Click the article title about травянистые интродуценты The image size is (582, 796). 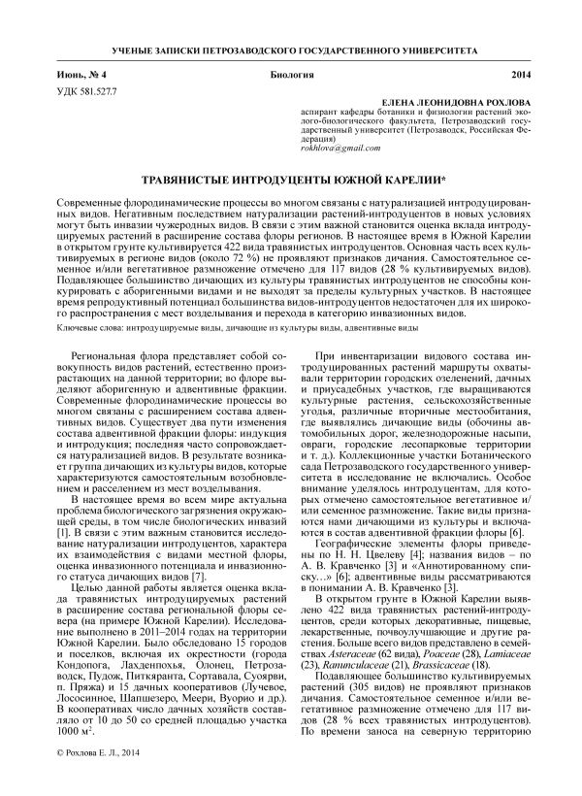(x=290, y=181)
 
